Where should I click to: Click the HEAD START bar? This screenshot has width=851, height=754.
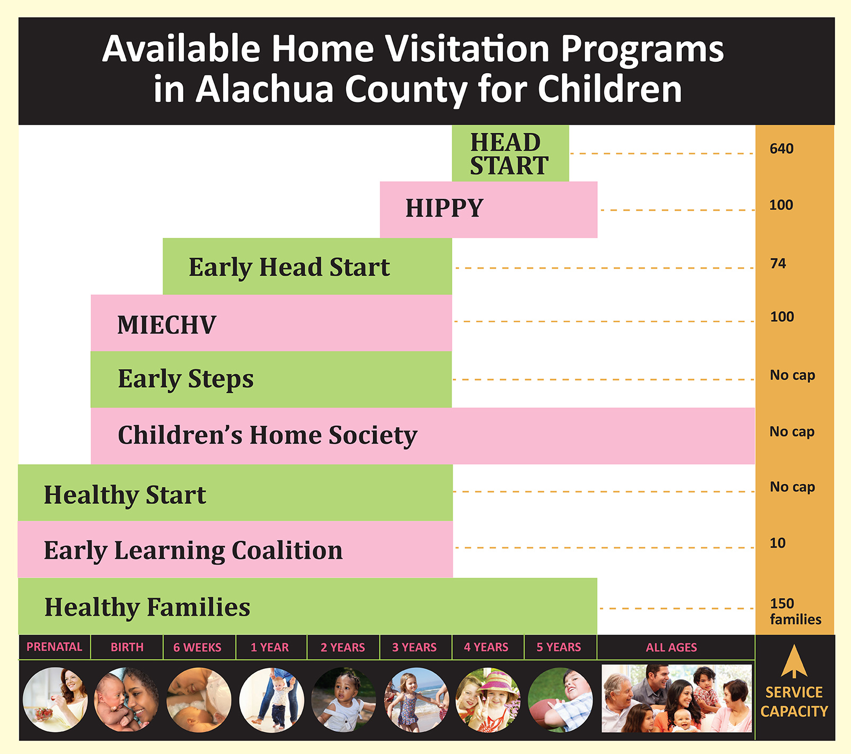(510, 153)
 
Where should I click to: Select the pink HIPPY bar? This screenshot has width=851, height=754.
(488, 210)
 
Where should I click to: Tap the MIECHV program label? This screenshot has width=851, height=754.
(167, 325)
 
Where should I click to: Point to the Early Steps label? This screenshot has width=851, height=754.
(186, 380)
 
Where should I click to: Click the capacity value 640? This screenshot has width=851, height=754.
(781, 149)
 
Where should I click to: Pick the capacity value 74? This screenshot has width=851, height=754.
(778, 263)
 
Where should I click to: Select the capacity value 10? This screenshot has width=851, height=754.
(778, 543)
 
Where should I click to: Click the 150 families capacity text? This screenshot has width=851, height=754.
(795, 611)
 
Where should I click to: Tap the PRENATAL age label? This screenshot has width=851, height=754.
(54, 647)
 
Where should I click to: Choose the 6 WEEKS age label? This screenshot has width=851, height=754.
(197, 647)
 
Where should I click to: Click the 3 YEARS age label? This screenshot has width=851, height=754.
(414, 647)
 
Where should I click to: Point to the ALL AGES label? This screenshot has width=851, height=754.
(672, 647)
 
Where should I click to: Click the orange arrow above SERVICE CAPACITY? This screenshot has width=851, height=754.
(794, 661)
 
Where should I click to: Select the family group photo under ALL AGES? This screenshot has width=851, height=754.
(677, 698)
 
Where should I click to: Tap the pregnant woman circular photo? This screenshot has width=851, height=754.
(55, 700)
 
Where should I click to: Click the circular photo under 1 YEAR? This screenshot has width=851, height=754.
(272, 700)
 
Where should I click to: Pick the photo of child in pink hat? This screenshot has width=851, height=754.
(488, 700)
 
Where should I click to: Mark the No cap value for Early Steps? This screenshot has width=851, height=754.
(793, 375)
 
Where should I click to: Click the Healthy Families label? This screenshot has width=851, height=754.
(147, 607)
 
